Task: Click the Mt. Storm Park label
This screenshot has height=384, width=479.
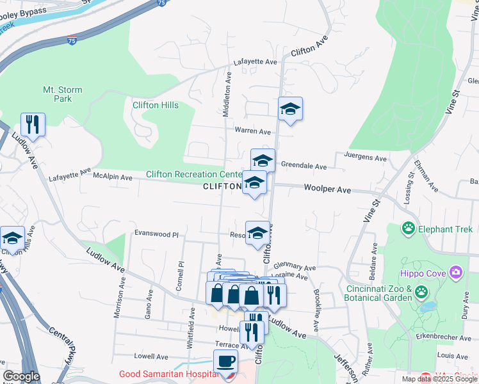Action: coord(63,94)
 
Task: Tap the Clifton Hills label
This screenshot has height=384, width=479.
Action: coord(156,105)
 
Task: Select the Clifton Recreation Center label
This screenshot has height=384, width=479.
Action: coord(193,174)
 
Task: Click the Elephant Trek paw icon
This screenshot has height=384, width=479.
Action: coord(408,228)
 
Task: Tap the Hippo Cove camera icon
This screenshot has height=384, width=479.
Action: coord(456,273)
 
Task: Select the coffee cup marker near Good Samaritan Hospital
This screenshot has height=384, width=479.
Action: coord(225,362)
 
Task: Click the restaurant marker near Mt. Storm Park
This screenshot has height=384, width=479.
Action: coord(32,124)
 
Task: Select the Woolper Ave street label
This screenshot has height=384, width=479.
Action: coord(327,190)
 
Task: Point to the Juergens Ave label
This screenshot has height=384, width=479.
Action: coord(366,157)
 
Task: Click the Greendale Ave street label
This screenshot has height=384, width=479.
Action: coord(304,166)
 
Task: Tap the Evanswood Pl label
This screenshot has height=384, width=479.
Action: coord(157,235)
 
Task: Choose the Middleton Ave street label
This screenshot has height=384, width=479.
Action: coord(226,94)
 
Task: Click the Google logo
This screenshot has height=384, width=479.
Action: coord(21,376)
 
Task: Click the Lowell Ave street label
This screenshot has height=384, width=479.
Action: coord(151,356)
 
